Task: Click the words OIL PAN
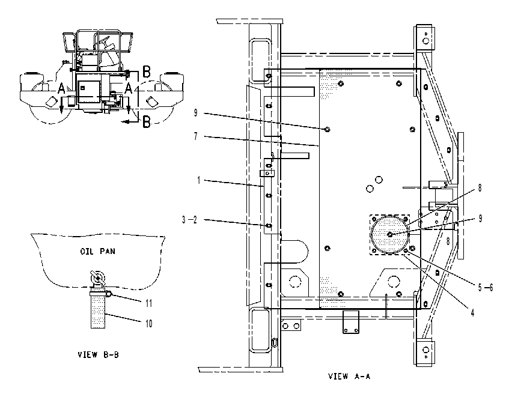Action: coord(97,251)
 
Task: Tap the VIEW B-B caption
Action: coord(98,355)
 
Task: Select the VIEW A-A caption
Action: coord(349,376)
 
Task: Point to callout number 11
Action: coord(149,303)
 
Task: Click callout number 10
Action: coord(149,323)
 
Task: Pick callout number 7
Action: coord(195,136)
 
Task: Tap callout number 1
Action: coord(199,180)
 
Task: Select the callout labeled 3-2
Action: coord(189,220)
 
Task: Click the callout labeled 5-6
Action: coord(486,287)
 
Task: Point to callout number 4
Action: coord(472,312)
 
